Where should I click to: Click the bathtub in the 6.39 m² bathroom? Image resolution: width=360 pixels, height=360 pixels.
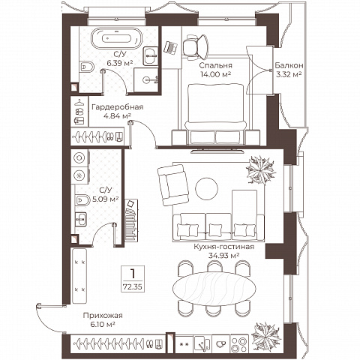[x=116, y=38]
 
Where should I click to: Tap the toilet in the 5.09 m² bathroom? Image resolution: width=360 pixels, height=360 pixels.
[x=82, y=200]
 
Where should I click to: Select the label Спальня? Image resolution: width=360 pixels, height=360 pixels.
[x=215, y=65]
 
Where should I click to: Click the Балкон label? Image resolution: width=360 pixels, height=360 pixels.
[x=289, y=65]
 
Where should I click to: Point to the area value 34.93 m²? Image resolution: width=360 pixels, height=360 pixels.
[x=224, y=256]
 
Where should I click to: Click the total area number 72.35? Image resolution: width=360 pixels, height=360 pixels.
[x=133, y=286]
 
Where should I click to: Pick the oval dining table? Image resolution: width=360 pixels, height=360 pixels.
[x=214, y=288]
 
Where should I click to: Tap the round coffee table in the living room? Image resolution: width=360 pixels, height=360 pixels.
[x=206, y=189]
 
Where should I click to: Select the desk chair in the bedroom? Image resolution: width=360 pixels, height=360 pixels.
[x=195, y=46]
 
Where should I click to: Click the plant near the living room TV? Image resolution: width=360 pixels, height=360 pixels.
[x=261, y=170]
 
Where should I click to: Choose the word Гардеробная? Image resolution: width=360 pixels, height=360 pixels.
[x=118, y=107]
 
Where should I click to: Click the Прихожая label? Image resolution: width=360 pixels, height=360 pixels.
[x=103, y=316]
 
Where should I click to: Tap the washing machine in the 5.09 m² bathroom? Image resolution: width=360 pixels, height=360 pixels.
[x=80, y=158]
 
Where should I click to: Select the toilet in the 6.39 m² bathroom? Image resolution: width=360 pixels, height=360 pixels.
[x=86, y=67]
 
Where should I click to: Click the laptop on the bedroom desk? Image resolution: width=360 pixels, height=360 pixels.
[x=170, y=47]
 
